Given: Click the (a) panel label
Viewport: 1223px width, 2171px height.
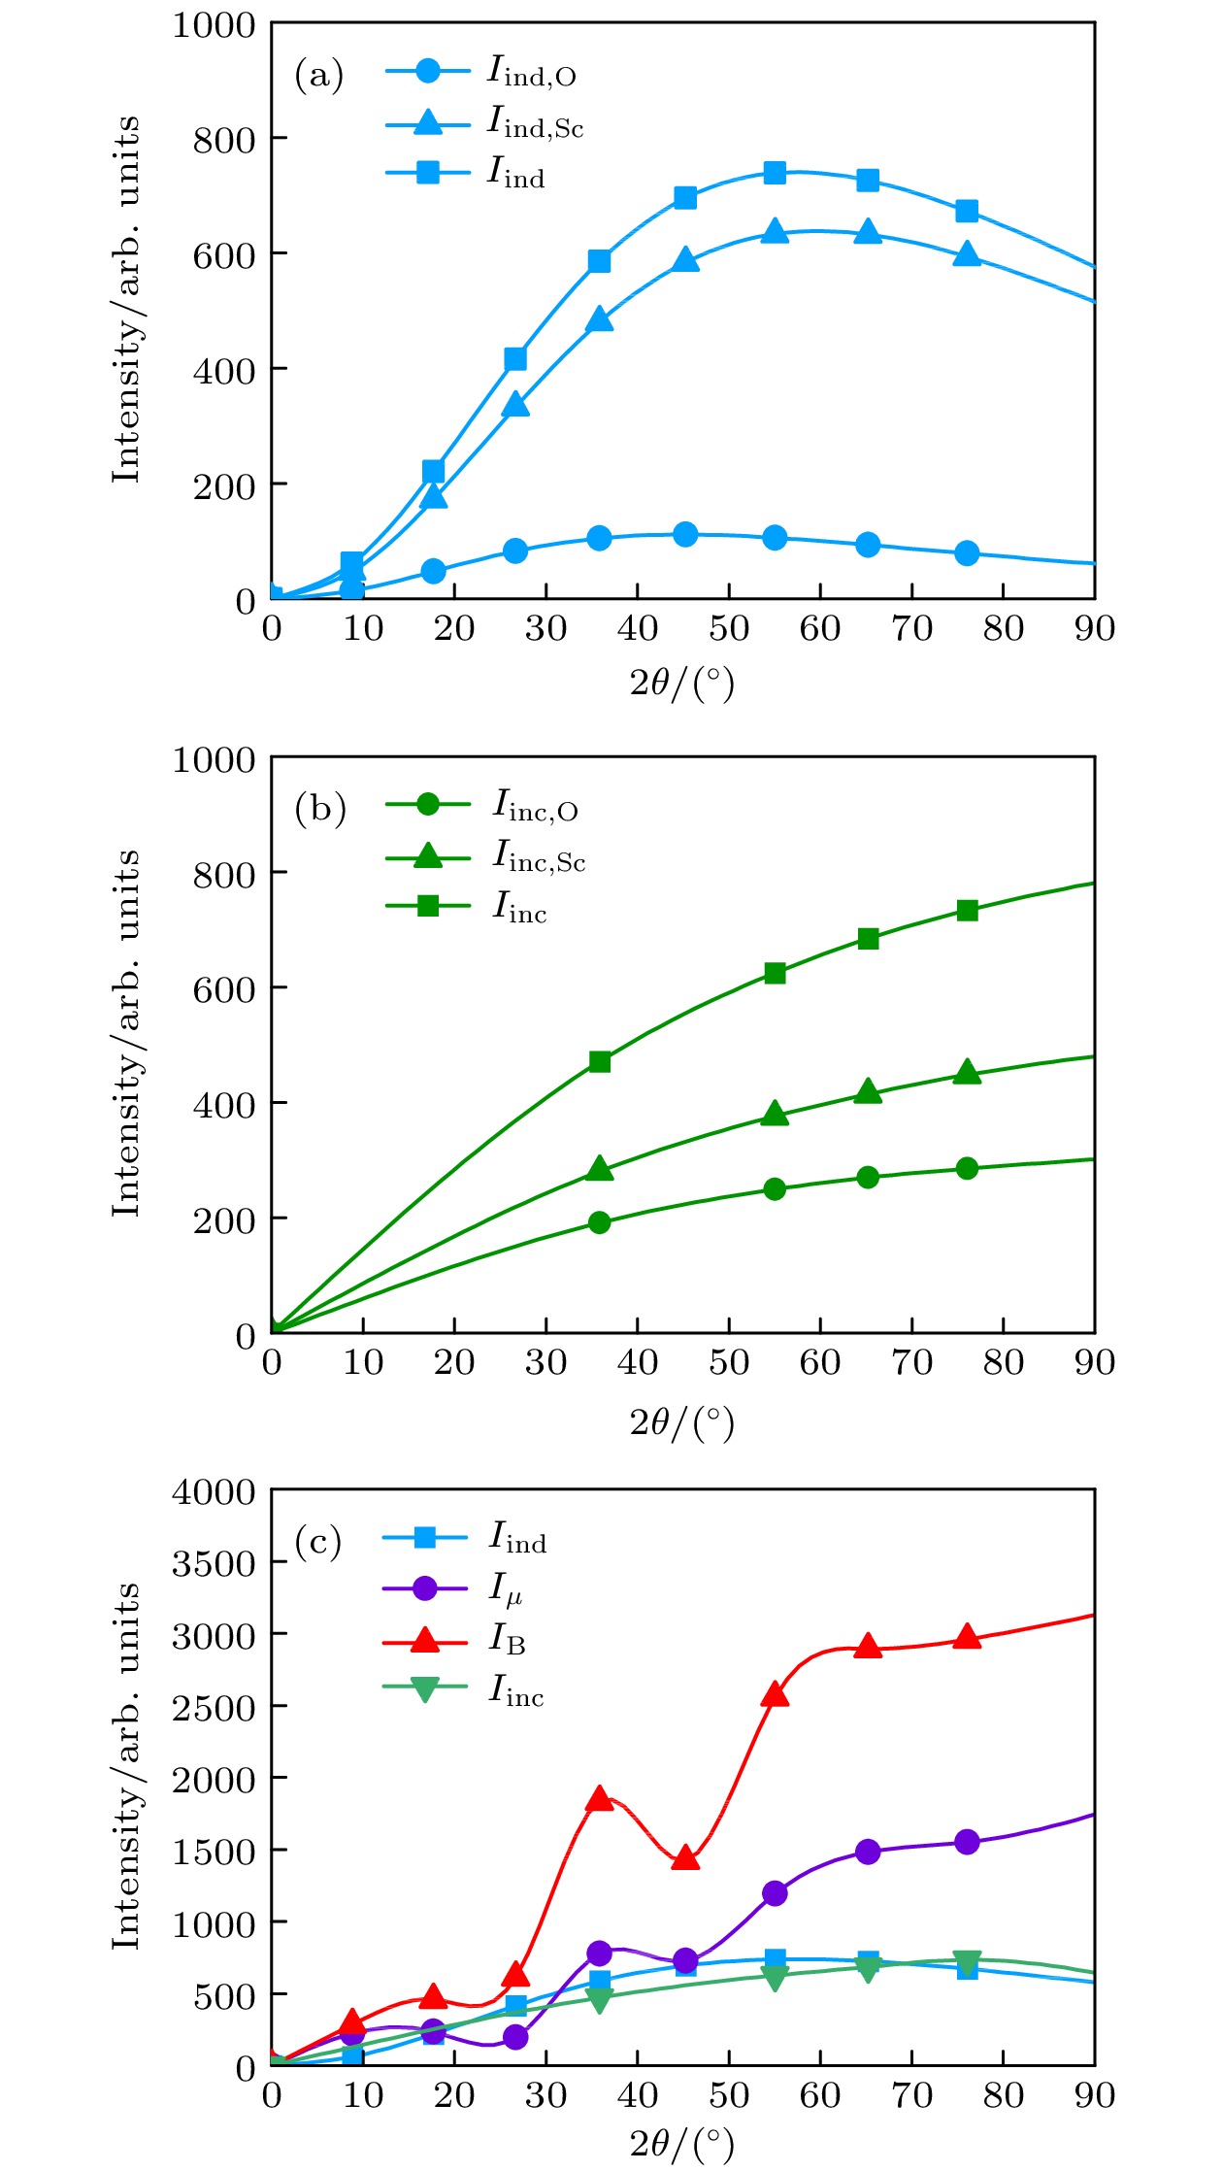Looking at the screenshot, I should pos(318,75).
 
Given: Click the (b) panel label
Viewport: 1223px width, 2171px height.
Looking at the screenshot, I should pos(319,809).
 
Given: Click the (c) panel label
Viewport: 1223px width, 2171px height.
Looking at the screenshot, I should pos(318,1541).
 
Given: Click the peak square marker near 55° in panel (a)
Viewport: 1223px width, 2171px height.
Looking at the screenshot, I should pos(775,173).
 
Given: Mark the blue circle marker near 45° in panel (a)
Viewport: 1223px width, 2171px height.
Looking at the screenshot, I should pos(685,534).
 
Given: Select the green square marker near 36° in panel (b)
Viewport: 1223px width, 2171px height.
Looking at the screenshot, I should pos(600,1061).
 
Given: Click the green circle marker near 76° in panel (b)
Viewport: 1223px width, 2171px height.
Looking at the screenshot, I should pos(967,1168).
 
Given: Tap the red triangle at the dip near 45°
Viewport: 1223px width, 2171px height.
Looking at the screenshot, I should pos(685,1858).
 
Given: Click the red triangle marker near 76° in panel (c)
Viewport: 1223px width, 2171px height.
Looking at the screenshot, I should pos(967,1637).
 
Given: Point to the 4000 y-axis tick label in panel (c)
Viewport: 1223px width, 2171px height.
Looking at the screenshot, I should pos(214,1492).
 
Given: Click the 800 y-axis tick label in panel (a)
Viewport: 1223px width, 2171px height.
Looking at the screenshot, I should pos(223,140).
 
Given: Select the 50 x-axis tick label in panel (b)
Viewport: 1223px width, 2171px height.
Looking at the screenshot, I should pos(728,1362).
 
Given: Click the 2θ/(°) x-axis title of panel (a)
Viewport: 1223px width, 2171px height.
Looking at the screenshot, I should pos(682,684).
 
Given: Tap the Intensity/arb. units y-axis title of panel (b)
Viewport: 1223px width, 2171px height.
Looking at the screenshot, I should pos(126,1033).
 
